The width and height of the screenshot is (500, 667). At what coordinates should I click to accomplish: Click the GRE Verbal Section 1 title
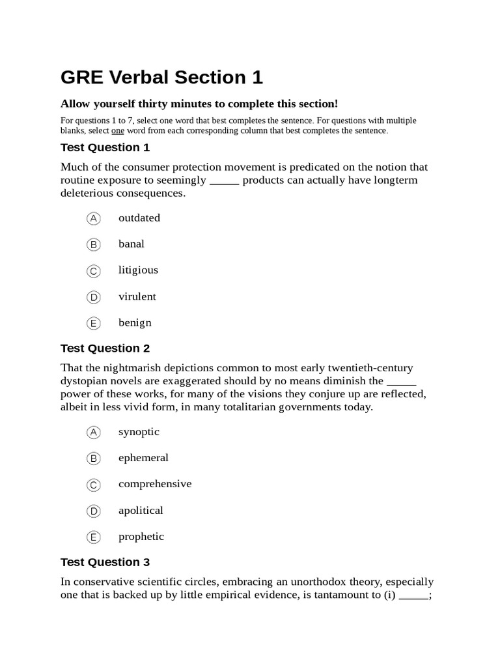point(161,78)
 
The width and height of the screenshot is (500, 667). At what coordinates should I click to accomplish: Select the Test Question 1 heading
point(105,147)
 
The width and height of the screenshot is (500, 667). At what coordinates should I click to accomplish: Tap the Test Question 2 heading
point(105,348)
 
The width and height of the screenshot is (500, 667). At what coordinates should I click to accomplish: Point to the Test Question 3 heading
point(105,562)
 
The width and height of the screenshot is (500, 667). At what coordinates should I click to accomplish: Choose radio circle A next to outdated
point(94,218)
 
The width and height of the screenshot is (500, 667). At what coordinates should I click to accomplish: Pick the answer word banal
point(132,244)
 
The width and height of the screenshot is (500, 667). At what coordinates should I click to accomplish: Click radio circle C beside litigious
point(94,271)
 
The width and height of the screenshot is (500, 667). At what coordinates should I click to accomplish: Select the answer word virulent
point(137,297)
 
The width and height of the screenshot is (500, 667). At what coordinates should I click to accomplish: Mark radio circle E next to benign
point(94,323)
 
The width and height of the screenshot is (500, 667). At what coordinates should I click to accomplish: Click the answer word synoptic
point(139,432)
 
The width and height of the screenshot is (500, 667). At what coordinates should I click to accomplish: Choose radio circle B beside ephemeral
point(94,459)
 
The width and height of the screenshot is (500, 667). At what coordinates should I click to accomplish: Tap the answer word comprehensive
point(155,484)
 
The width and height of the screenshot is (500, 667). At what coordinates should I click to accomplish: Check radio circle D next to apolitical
point(94,511)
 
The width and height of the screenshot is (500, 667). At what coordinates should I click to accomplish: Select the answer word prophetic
point(141,537)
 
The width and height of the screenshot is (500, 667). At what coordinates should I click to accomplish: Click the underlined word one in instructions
point(109,131)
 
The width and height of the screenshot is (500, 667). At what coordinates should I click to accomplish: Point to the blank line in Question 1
point(225,181)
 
